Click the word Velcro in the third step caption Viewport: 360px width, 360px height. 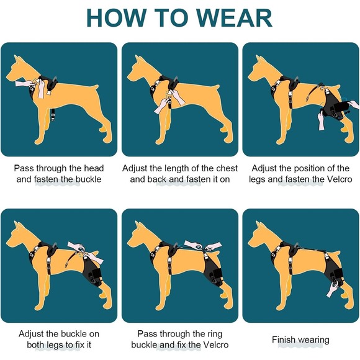[x=339, y=179]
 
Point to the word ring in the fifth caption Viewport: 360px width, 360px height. [x=214, y=335]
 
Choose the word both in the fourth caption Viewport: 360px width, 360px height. [x=35, y=344]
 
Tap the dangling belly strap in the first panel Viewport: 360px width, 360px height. [x=53, y=114]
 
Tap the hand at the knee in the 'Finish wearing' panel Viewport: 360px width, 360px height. [x=331, y=290]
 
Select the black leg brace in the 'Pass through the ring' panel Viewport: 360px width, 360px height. [x=213, y=270]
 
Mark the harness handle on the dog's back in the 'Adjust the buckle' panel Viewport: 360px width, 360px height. [x=55, y=246]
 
